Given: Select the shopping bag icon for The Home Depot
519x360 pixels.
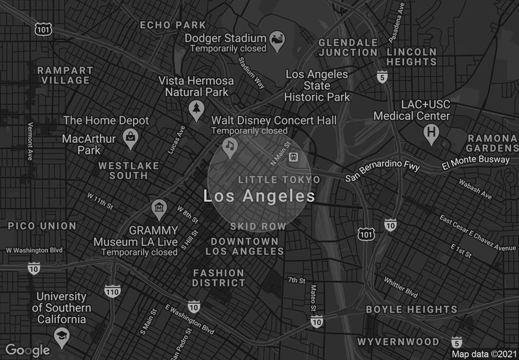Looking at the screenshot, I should click(x=131, y=137).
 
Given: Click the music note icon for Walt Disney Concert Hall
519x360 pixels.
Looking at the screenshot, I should click(x=229, y=146).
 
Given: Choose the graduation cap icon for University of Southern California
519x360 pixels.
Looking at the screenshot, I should click(x=62, y=335).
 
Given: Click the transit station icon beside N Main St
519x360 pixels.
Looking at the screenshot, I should click(x=293, y=156).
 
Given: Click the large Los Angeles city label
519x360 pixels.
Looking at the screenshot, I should click(x=259, y=196).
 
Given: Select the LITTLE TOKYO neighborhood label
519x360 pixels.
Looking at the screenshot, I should click(x=279, y=179).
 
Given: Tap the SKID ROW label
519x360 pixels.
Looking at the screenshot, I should click(x=258, y=226).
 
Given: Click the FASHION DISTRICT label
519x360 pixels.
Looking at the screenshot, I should click(x=219, y=278).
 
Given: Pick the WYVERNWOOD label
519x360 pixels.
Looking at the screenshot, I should click(x=398, y=341).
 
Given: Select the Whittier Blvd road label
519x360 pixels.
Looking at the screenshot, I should click(x=402, y=285).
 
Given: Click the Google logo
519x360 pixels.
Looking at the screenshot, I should click(x=28, y=350).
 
